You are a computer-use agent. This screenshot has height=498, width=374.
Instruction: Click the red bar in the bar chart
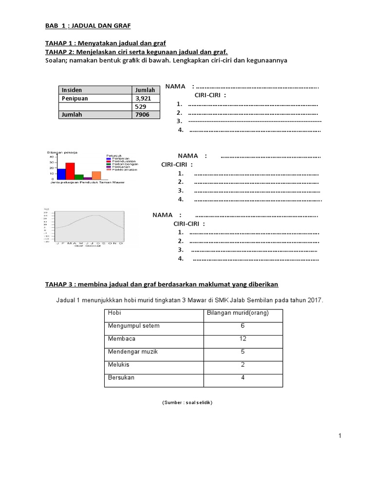coord(70,171)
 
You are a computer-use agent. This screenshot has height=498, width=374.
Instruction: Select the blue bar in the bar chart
coord(61,174)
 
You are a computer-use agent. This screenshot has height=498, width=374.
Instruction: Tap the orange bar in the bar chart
coord(96,175)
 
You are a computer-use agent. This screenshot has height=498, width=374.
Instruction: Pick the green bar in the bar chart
coord(79,177)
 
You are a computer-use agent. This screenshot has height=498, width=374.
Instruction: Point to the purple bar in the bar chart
coord(88,178)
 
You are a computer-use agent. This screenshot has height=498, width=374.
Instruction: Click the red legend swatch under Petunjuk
coord(109,161)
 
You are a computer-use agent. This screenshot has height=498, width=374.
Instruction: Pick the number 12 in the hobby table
coord(243,338)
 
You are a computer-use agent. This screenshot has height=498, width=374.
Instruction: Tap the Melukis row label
coord(118,364)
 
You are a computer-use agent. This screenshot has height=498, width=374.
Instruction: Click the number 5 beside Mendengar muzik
coord(243,351)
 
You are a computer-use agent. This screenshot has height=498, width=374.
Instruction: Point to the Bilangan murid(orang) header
coord(238,313)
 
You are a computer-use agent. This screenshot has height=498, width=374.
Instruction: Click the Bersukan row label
coord(121,377)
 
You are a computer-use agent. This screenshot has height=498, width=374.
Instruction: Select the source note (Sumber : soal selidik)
coord(187,403)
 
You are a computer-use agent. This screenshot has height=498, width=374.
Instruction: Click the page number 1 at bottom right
coord(340,436)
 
